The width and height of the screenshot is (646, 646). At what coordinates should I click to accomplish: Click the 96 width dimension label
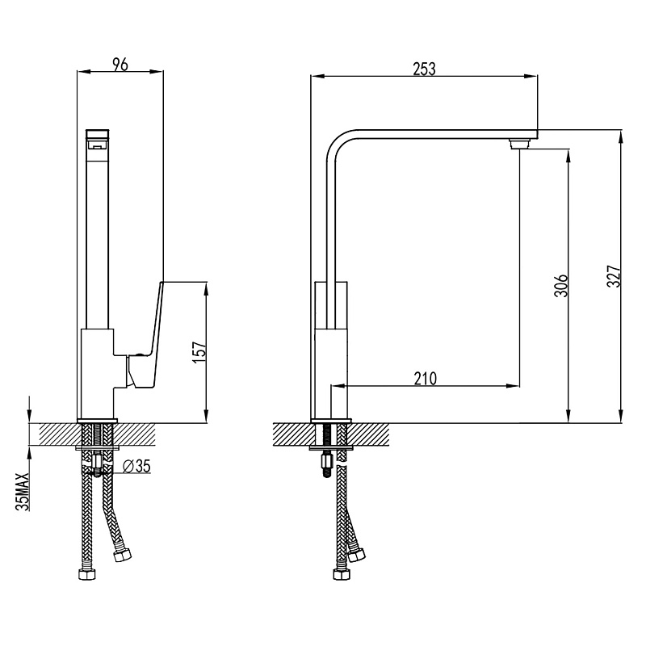click(120, 65)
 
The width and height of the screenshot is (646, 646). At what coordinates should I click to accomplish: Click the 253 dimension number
click(425, 69)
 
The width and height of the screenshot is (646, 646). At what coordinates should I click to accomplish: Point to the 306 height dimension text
click(561, 285)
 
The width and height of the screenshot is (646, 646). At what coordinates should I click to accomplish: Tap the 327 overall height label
click(614, 276)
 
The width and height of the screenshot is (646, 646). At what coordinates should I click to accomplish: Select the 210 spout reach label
click(426, 378)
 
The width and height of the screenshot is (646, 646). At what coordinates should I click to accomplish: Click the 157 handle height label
click(199, 351)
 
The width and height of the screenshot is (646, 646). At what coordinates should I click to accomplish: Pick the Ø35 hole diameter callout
click(136, 466)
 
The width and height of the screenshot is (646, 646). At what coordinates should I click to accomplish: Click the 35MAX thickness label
click(23, 492)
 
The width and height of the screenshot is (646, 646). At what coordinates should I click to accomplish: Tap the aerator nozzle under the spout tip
click(519, 145)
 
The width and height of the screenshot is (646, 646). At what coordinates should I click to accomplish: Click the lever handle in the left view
click(145, 338)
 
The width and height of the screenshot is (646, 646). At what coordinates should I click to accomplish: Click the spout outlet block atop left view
click(98, 139)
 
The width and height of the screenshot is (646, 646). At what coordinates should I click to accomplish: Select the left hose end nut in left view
click(86, 575)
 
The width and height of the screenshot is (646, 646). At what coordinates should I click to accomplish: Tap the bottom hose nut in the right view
click(342, 574)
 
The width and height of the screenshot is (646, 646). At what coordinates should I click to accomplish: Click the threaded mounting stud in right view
click(326, 467)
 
